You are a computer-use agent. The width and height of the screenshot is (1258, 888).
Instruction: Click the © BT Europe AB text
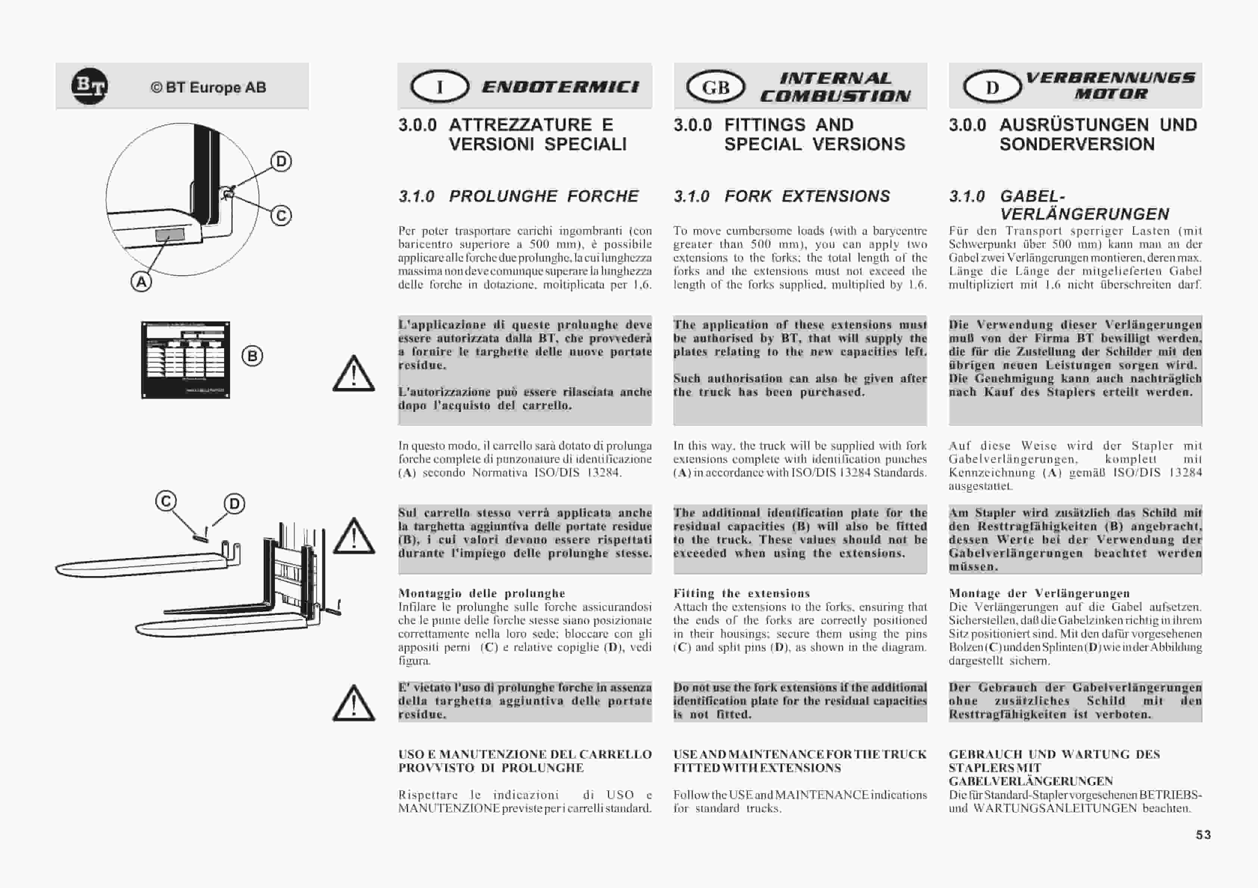tap(208, 88)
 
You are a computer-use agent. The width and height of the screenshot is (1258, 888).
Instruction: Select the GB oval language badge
tap(716, 87)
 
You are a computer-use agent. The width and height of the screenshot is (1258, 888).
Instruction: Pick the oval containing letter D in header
tap(992, 87)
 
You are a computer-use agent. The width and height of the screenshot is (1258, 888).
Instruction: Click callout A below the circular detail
tap(141, 282)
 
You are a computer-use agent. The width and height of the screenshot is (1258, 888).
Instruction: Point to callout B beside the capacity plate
tap(252, 356)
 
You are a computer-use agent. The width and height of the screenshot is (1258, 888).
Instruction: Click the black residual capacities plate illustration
tap(185, 360)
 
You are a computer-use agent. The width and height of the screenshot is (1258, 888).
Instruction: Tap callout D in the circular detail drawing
tap(281, 162)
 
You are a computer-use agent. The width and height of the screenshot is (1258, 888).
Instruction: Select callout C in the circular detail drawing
tap(281, 215)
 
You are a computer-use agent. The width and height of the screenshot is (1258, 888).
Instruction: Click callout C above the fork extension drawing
tap(166, 501)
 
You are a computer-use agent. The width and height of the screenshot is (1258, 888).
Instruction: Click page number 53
tap(1203, 835)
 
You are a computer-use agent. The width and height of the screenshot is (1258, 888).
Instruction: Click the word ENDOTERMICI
tap(560, 87)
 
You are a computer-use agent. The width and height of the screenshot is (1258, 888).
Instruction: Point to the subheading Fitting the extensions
tap(741, 594)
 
